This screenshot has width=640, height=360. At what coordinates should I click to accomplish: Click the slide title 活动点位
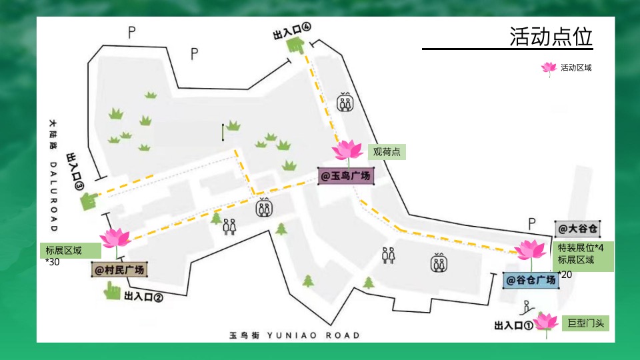tap(551, 36)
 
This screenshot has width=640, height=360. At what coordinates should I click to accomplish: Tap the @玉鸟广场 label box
tap(345, 176)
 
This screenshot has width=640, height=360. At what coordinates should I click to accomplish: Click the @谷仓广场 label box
tap(531, 280)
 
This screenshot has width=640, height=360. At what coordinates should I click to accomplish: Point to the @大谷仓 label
tap(577, 229)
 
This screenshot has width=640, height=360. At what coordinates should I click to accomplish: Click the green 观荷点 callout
tap(387, 152)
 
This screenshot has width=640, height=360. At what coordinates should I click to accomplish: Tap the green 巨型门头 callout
tap(585, 323)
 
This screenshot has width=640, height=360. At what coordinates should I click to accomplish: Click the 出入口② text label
tap(143, 298)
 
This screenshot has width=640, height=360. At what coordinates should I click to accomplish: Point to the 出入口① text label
tap(513, 326)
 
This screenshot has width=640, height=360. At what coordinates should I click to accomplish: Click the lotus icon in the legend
tap(549, 67)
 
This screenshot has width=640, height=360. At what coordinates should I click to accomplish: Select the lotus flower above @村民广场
tap(115, 238)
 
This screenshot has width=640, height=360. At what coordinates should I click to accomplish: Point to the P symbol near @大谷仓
tap(532, 223)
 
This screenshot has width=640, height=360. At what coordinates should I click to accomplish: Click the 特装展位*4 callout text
tap(581, 247)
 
